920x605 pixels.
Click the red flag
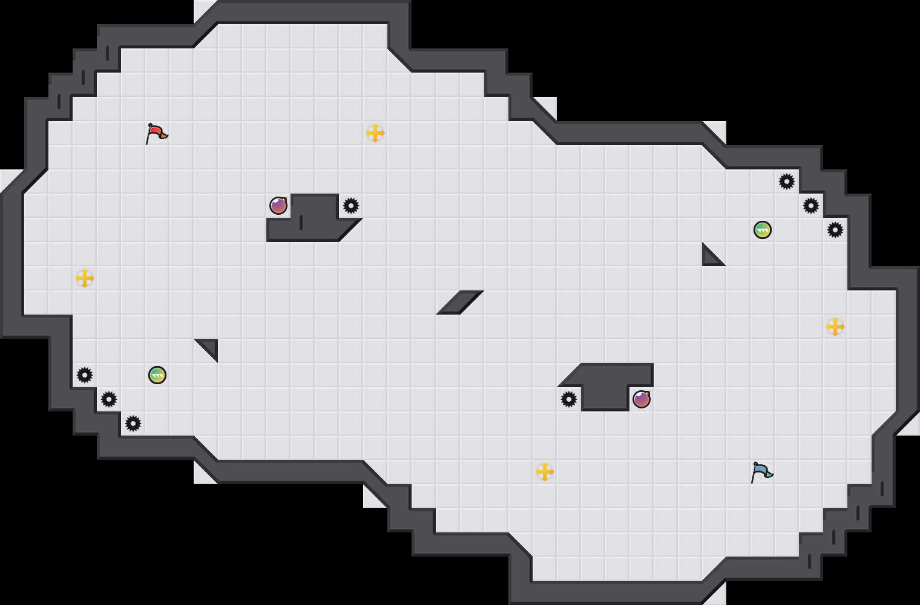(156, 133)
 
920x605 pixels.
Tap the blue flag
(761, 472)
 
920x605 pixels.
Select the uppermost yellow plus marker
(375, 133)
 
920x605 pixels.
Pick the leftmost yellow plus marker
(85, 278)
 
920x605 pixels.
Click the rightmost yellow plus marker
(835, 327)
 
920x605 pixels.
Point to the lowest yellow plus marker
(545, 472)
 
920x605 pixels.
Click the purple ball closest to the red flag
(278, 206)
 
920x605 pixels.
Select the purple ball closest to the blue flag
(642, 399)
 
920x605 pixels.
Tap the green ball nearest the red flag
(157, 375)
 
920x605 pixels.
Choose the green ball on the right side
(763, 230)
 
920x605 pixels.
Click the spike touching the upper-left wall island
(351, 206)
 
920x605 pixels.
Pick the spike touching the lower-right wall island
(569, 399)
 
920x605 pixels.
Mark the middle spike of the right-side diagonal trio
(811, 206)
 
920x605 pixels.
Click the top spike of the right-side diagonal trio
(787, 181)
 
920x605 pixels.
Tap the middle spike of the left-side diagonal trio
(109, 399)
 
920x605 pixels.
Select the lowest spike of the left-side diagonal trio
(133, 423)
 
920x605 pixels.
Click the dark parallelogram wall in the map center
(460, 302)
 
